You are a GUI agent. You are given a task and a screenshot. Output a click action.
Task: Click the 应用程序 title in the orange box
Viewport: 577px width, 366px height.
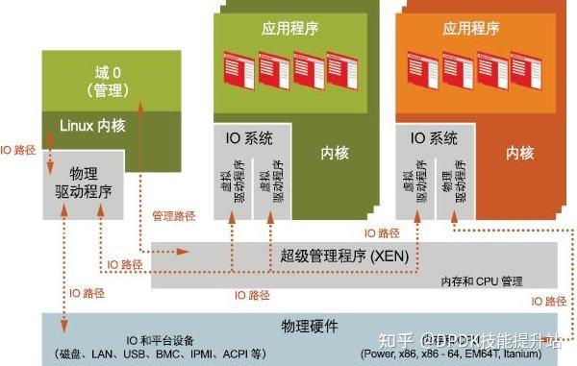pyautogui.click(x=471, y=29)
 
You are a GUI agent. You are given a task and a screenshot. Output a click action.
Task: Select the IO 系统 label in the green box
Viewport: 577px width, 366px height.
pyautogui.click(x=248, y=138)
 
